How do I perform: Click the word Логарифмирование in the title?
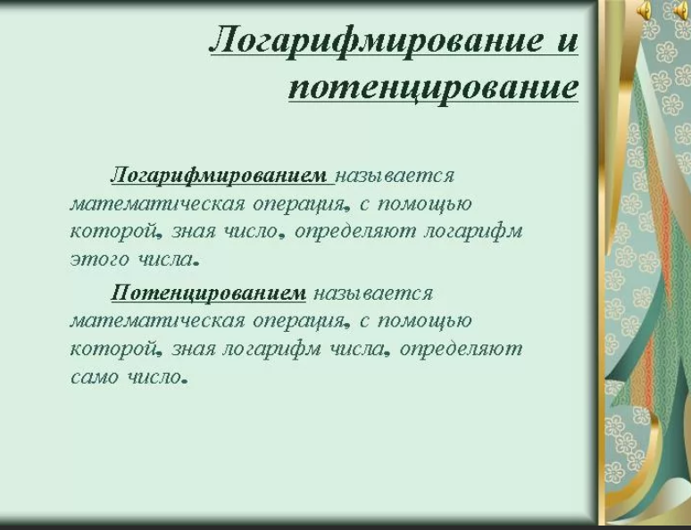point(376,41)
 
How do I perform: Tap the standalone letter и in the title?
point(567,42)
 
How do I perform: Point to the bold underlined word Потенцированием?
point(208,292)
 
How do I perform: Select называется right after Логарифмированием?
point(395,176)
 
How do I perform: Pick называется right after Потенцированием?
point(374,293)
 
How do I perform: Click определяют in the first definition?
point(355,232)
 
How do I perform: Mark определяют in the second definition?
point(461,349)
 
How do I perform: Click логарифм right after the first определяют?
point(473,232)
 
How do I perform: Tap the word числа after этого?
point(165,259)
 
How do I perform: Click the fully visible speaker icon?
point(644,11)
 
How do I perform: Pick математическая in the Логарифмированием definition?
point(157,204)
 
